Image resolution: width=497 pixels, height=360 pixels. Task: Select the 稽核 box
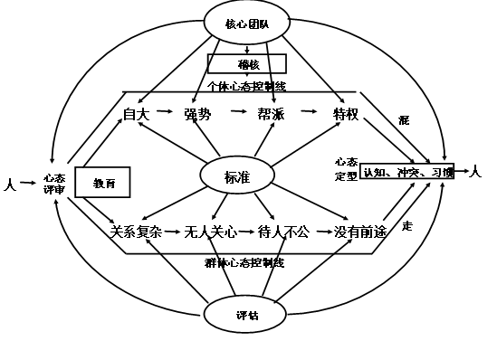coord(247,64)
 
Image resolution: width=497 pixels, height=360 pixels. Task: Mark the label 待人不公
coord(282,232)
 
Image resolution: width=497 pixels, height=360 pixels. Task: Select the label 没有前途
coord(359,232)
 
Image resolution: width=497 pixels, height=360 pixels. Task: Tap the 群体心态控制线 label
coord(244,262)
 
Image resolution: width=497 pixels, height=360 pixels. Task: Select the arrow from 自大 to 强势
coord(165,112)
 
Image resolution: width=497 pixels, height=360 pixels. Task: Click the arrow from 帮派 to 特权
coord(309,112)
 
